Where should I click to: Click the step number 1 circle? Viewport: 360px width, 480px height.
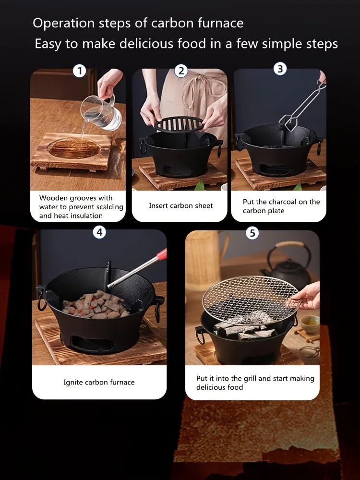click(79, 72)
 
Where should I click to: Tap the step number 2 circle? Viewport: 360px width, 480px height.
click(180, 71)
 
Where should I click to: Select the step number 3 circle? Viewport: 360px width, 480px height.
click(280, 69)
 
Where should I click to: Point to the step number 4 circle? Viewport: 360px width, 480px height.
click(99, 232)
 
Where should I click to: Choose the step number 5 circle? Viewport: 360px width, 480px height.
click(252, 233)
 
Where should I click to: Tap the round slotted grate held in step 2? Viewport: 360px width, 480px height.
click(179, 124)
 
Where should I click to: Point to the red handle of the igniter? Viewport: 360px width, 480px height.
click(162, 254)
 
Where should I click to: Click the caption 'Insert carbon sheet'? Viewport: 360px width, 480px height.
click(180, 205)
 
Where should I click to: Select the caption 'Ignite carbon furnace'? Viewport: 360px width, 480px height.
click(99, 382)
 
